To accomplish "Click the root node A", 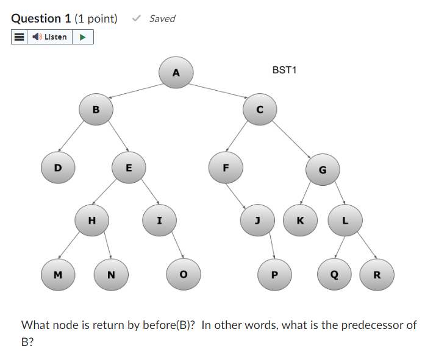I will coord(176,73).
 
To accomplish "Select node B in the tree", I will coord(95,110).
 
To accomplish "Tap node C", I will coord(260,110).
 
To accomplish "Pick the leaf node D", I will coord(58,168).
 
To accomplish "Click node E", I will coord(129,168).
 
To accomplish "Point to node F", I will coord(225,168).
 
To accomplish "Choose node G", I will coord(323,169).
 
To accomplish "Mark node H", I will coord(91,221).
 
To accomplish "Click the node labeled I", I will coord(159,221).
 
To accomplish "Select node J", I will coord(257,221).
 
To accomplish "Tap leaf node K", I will coord(300,221).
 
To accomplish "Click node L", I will coord(345,221).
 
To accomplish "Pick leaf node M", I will coord(58,274).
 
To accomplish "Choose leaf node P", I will coord(274,274).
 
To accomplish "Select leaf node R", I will coord(376,274).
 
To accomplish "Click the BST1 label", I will coord(284,70).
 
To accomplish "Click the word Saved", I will coord(162,18).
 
